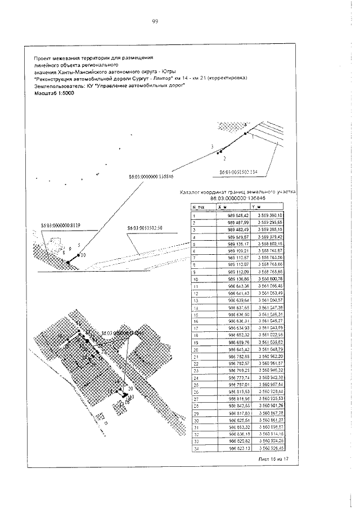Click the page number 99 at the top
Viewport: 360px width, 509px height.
coord(154,22)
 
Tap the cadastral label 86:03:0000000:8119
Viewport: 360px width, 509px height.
coord(61,225)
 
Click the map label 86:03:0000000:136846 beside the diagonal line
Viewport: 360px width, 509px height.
coord(150,177)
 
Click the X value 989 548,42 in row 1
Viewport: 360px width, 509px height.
coord(238,215)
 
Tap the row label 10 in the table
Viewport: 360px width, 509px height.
coord(195,279)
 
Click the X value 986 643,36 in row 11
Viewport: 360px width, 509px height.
coord(238,287)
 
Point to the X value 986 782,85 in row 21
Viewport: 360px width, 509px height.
coord(238,357)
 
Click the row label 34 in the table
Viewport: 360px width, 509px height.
coord(195,448)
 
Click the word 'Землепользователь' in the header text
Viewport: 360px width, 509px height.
coord(57,86)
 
